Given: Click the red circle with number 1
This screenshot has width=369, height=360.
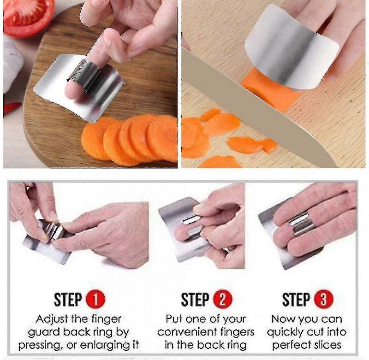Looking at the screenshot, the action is click(95, 300).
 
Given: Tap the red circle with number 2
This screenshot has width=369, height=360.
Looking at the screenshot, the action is click(222, 300).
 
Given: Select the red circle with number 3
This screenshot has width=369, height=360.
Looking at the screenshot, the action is click(324, 300).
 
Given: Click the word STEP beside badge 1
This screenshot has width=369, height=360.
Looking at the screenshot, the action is click(68, 300).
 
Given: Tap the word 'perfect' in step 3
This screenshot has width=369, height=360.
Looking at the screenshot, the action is click(287, 345).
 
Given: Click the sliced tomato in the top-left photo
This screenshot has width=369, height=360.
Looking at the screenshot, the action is click(28, 17).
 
